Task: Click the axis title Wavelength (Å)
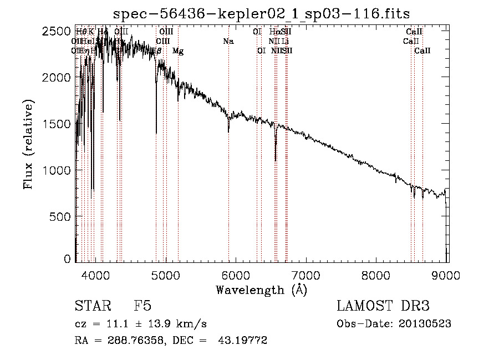point(261,290)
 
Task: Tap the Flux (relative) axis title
point(29,144)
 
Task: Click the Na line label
point(228,41)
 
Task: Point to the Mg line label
point(178,51)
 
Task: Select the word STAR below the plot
point(92,306)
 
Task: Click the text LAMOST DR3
point(383,306)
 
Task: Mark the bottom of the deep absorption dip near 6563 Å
point(276,160)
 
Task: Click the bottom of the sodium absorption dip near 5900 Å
point(228,132)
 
